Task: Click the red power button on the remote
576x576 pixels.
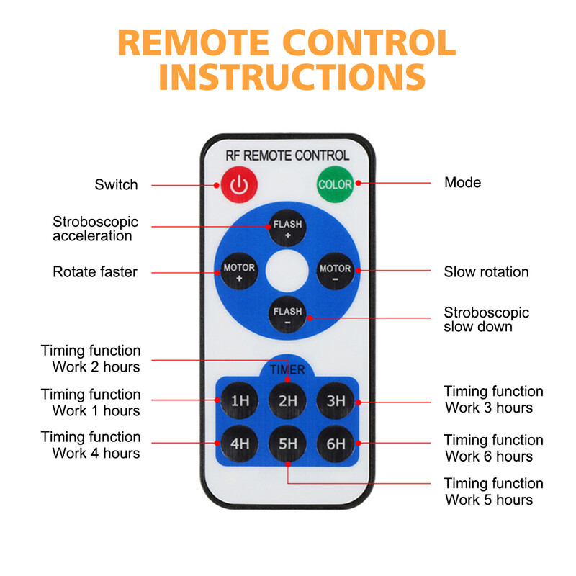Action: point(238,185)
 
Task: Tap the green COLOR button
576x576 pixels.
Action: point(336,184)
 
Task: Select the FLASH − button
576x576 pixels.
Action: point(287,316)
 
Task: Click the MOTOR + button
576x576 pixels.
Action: point(239,272)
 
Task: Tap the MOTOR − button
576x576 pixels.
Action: point(336,272)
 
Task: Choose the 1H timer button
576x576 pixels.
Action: point(239,401)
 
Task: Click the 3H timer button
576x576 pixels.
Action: point(336,401)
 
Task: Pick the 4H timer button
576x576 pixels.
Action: point(239,444)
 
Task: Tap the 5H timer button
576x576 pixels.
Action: point(287,444)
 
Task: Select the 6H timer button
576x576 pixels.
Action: point(336,444)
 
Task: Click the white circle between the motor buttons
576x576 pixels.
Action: point(287,272)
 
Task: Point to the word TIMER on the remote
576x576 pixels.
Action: point(287,370)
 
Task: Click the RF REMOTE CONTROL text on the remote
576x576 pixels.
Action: point(287,155)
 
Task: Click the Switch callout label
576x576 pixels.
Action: point(116,185)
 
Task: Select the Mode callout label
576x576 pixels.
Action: point(462,182)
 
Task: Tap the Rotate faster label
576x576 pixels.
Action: point(95,272)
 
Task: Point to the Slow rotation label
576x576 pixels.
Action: point(486,272)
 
